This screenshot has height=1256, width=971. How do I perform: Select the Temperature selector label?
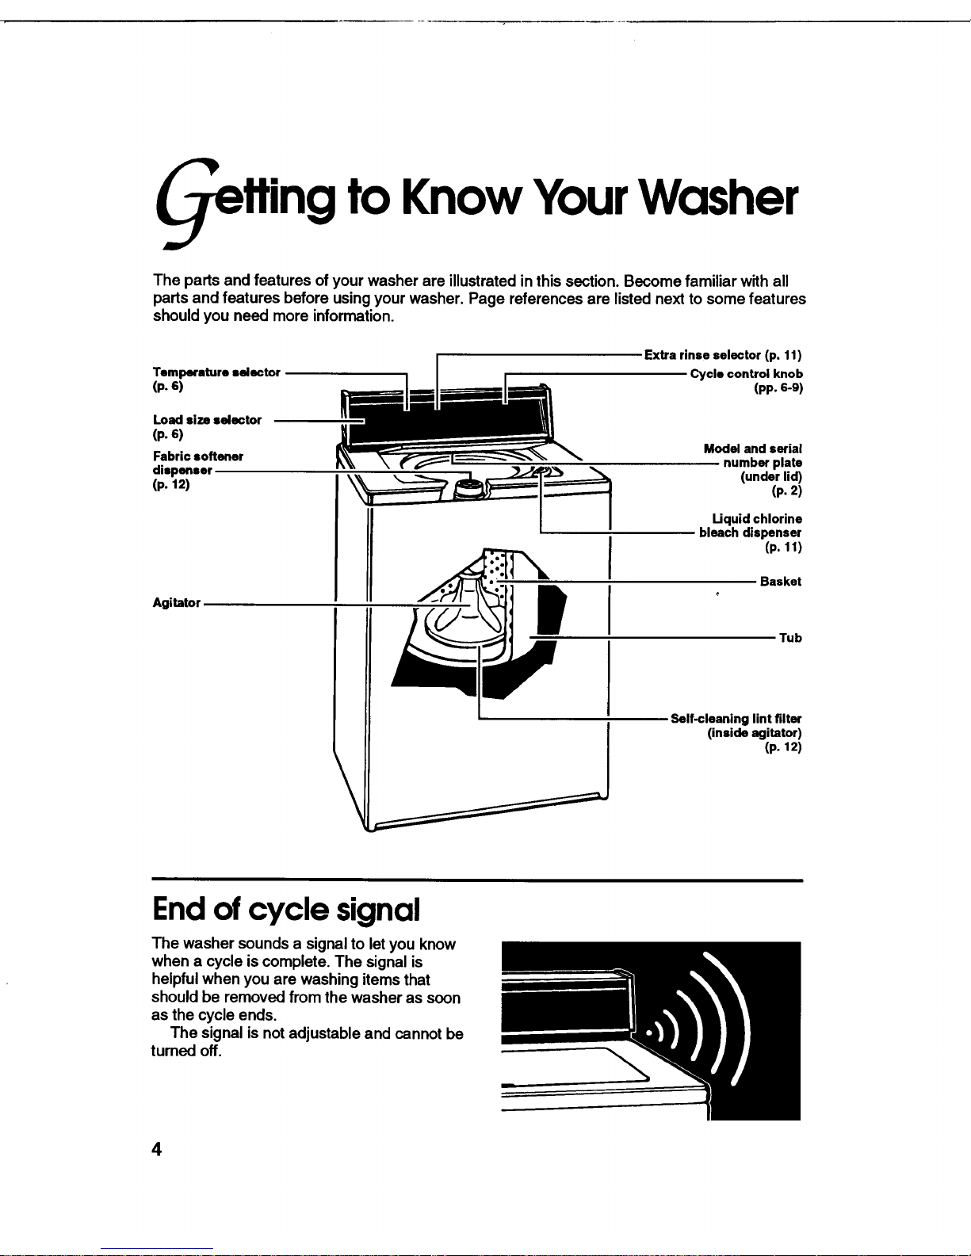[216, 372]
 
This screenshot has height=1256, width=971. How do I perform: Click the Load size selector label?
[207, 420]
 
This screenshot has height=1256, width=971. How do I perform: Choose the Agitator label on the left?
[176, 603]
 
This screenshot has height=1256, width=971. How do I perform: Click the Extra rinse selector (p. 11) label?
[723, 355]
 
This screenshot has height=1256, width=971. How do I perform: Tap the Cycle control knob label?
[747, 374]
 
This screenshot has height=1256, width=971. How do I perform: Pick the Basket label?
[780, 582]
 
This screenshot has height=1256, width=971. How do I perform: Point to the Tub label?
[789, 638]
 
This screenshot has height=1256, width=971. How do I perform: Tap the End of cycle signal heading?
[285, 910]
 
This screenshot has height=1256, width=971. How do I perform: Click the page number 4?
[157, 1149]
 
